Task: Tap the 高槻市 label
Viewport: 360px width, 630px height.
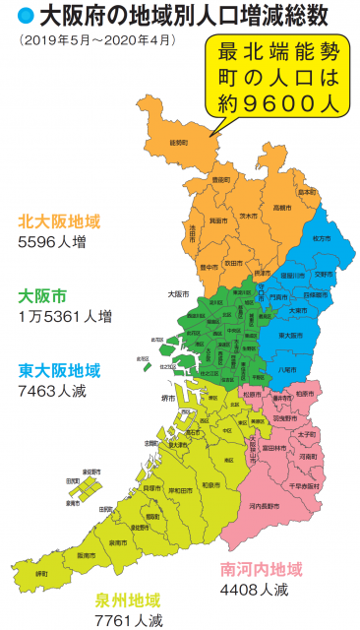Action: click(x=281, y=208)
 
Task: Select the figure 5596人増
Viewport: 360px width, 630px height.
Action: click(x=56, y=239)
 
